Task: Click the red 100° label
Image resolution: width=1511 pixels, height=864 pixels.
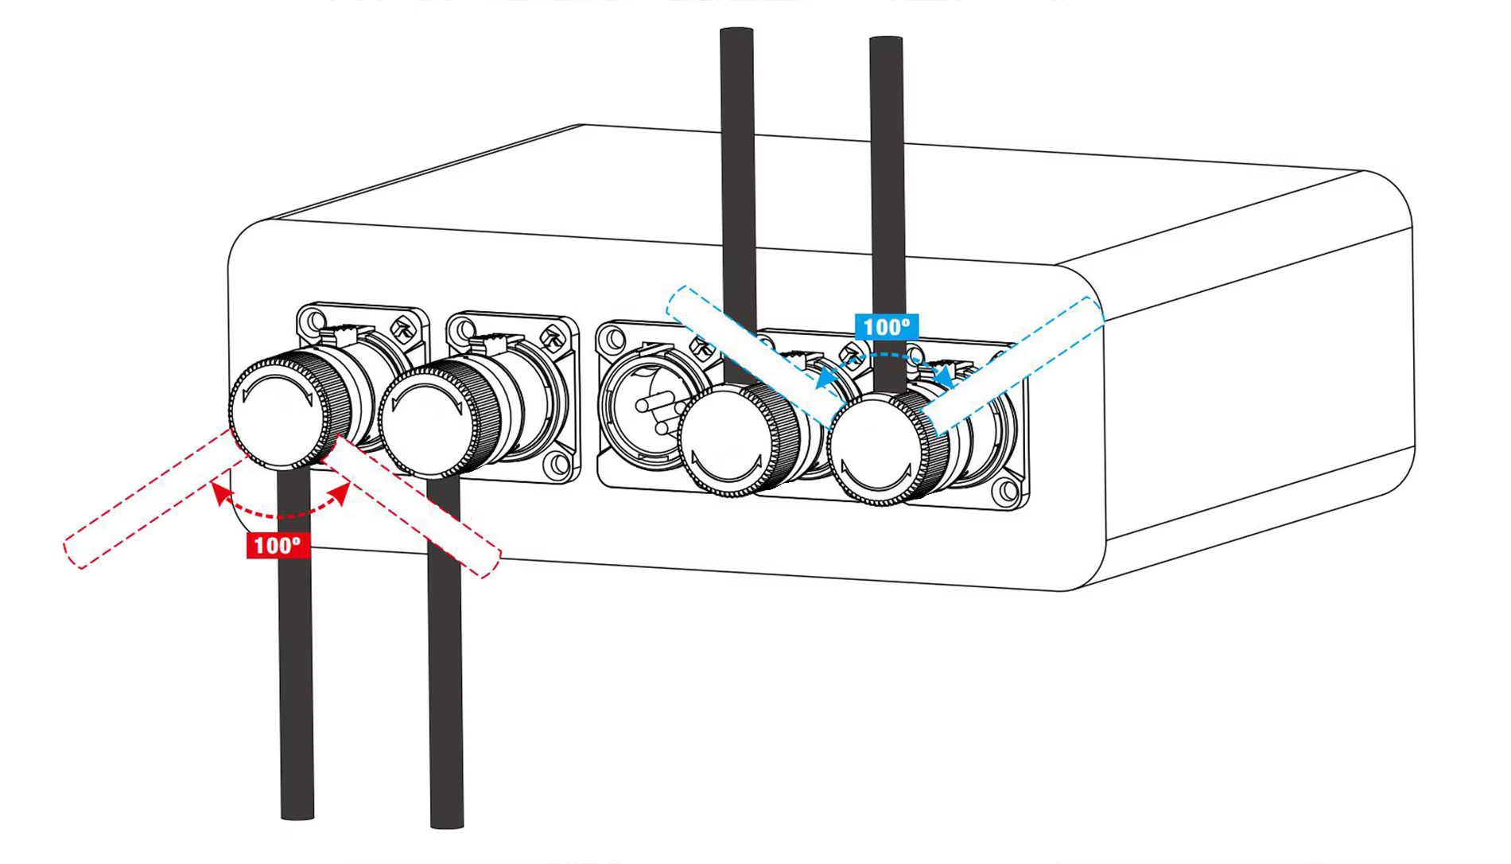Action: tap(278, 546)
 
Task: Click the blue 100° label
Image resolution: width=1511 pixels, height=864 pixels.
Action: tap(886, 326)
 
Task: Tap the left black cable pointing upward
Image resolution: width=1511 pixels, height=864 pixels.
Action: tap(736, 159)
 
